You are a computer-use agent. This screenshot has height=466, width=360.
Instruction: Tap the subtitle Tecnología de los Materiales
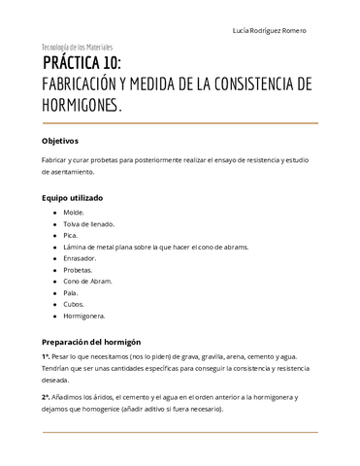point(77,47)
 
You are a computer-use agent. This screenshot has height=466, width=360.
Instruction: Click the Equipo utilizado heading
point(72,197)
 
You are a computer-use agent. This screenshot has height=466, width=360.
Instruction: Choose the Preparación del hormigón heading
point(91,342)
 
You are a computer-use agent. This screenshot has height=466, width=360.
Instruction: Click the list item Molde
point(74,213)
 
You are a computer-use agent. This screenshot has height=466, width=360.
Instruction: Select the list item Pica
point(72,235)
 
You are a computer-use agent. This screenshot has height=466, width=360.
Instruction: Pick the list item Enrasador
point(81,258)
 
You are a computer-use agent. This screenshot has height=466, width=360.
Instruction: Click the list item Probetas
point(79,270)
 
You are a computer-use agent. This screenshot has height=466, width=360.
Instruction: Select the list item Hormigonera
point(85,316)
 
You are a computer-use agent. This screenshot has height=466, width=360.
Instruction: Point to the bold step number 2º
point(46,398)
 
